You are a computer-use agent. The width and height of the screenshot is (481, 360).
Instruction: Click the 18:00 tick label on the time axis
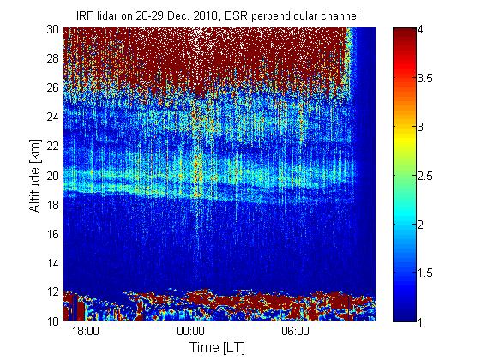pos(86,331)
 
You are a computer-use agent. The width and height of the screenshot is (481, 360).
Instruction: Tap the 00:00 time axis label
pos(190,331)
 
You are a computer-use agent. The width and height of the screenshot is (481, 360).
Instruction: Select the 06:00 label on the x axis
pos(296,331)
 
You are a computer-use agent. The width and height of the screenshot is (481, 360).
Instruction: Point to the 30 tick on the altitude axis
pos(53,29)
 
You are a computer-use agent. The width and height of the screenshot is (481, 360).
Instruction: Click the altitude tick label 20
pos(53,176)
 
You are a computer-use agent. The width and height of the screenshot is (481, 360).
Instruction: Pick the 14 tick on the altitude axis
pos(53,263)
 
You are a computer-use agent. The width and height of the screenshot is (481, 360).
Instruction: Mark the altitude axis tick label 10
pos(53,321)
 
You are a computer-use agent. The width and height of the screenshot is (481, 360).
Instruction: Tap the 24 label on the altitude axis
pos(53,117)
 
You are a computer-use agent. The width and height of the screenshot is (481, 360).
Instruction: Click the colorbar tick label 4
pos(420,30)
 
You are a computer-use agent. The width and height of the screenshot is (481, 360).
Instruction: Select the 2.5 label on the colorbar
pos(425,176)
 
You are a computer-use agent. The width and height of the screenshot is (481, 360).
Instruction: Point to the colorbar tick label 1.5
pos(425,273)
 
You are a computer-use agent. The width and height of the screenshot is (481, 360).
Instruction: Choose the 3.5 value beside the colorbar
pos(425,79)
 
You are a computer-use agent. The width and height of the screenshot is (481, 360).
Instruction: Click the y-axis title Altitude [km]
pos(35,176)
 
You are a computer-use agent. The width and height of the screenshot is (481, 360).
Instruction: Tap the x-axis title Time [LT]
pos(217,348)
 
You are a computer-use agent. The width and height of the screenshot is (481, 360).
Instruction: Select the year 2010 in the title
pos(207,15)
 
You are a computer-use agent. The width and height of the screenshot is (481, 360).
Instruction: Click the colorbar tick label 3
pos(420,127)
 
